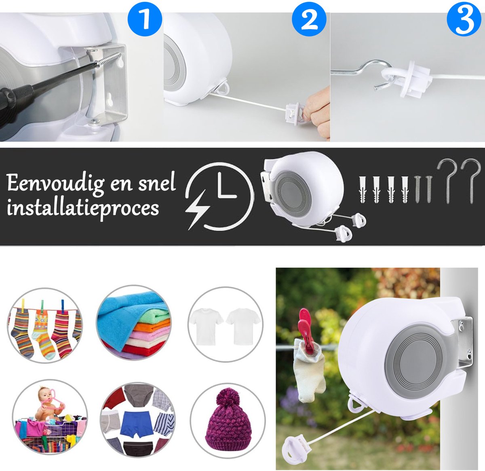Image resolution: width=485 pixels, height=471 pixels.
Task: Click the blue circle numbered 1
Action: click(x=145, y=19)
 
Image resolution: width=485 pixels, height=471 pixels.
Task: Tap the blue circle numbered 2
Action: click(x=309, y=19)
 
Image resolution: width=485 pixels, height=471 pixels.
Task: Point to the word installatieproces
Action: click(x=83, y=208)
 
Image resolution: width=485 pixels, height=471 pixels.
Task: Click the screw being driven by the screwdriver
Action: click(x=109, y=59)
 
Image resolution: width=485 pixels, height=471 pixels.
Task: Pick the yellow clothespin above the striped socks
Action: click(x=23, y=305)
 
